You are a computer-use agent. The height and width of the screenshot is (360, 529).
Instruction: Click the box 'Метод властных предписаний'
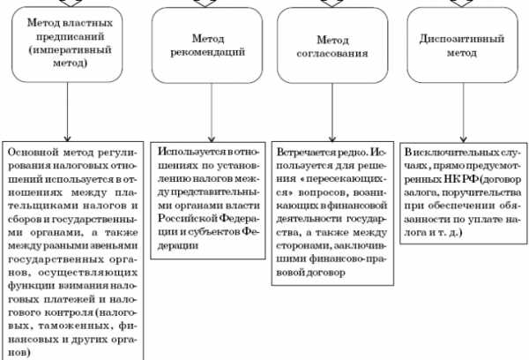pyautogui.click(x=67, y=45)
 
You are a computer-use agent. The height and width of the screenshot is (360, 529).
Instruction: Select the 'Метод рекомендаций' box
pyautogui.click(x=207, y=45)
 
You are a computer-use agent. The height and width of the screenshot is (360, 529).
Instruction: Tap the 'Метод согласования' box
pyautogui.click(x=332, y=45)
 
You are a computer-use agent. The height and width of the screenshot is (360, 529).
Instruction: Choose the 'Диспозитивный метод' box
pyautogui.click(x=462, y=45)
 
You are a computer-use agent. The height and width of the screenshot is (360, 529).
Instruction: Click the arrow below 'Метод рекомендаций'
pyautogui.click(x=212, y=113)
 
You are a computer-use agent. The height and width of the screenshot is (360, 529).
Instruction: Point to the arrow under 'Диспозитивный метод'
pyautogui.click(x=463, y=113)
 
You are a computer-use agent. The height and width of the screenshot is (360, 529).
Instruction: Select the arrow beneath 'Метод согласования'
pyautogui.click(x=332, y=112)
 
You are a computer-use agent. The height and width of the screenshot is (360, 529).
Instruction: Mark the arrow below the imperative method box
pyautogui.click(x=67, y=112)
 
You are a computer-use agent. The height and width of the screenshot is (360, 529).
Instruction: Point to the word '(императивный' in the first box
pyautogui.click(x=71, y=50)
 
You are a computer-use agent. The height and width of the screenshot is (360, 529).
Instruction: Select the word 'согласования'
pyautogui.click(x=332, y=53)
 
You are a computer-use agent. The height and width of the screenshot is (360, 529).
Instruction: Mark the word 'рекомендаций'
pyautogui.click(x=207, y=52)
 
